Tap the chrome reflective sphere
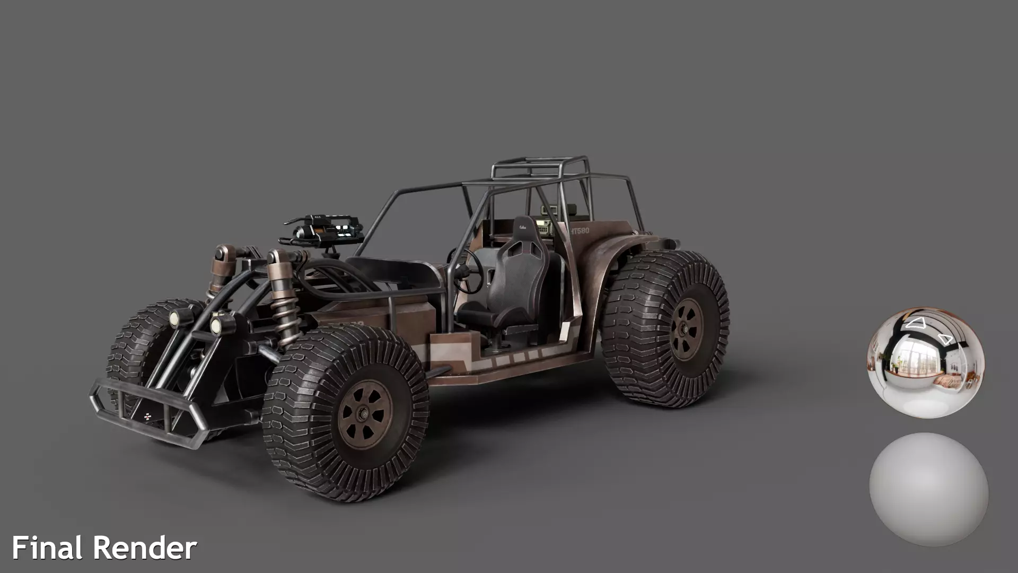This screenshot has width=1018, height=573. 926,361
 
